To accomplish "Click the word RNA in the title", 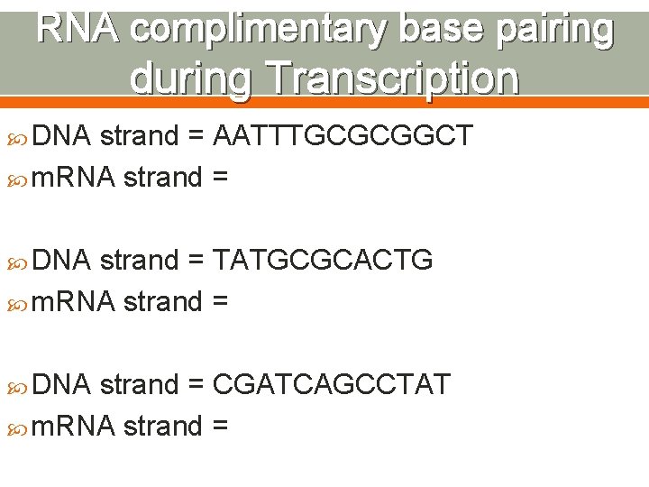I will coord(78,30).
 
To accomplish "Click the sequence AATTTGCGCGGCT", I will coord(342,136).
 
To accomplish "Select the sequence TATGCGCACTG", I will coord(323,261).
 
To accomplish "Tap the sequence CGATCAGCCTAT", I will coord(331,385).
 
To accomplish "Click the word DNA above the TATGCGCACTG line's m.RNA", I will coord(61,261).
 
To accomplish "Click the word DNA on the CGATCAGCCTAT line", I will coord(61,385).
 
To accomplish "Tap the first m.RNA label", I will coord(73,178).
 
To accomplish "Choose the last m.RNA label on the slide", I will coord(73,426).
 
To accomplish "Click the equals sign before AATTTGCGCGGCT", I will coord(196,137).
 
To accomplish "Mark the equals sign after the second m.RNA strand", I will coord(219,302).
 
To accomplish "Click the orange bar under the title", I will coord(324,102).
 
